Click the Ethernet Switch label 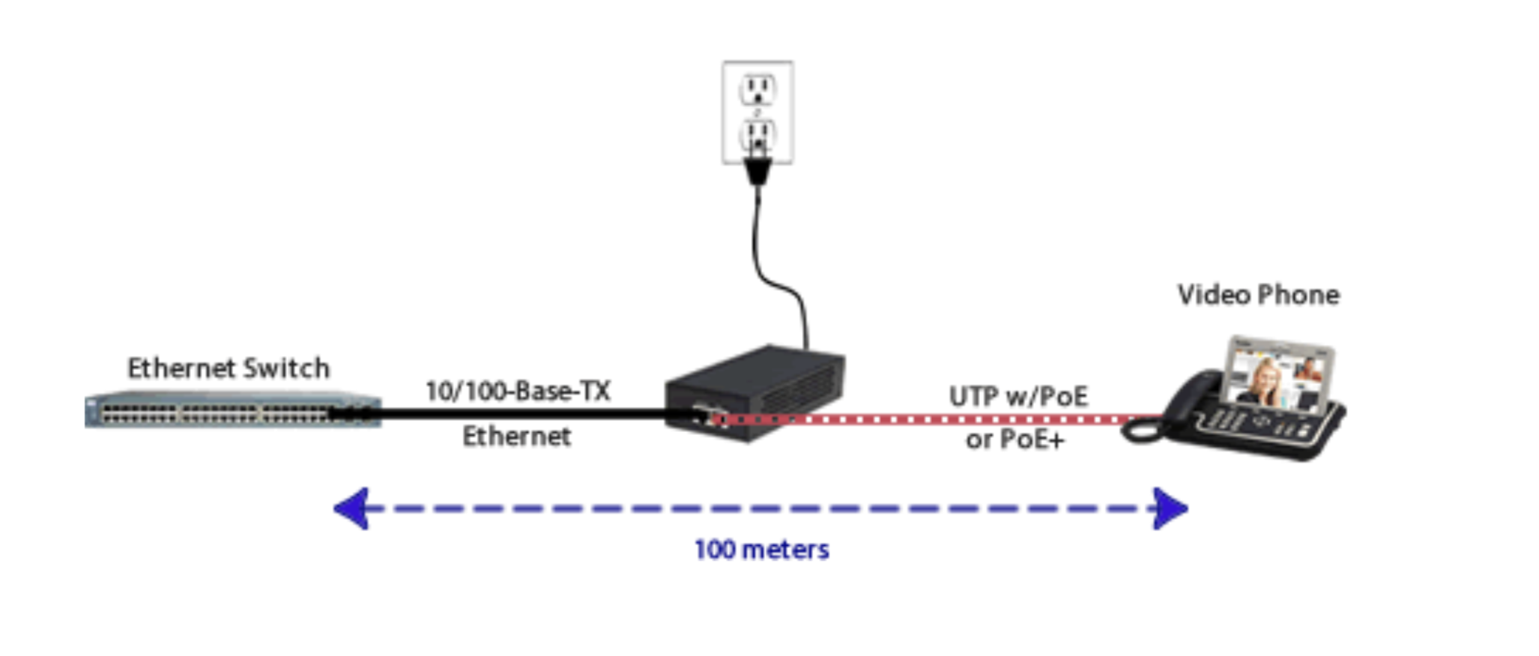[228, 368]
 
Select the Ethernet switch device [232, 410]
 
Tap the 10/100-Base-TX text [518, 391]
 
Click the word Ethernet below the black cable [516, 436]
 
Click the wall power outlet [758, 112]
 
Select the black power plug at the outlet [758, 170]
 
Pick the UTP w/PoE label [1018, 396]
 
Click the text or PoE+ [1015, 440]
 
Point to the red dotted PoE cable [937, 419]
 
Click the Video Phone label [1258, 295]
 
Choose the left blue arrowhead [351, 508]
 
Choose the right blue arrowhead [1170, 508]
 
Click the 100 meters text [761, 550]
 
